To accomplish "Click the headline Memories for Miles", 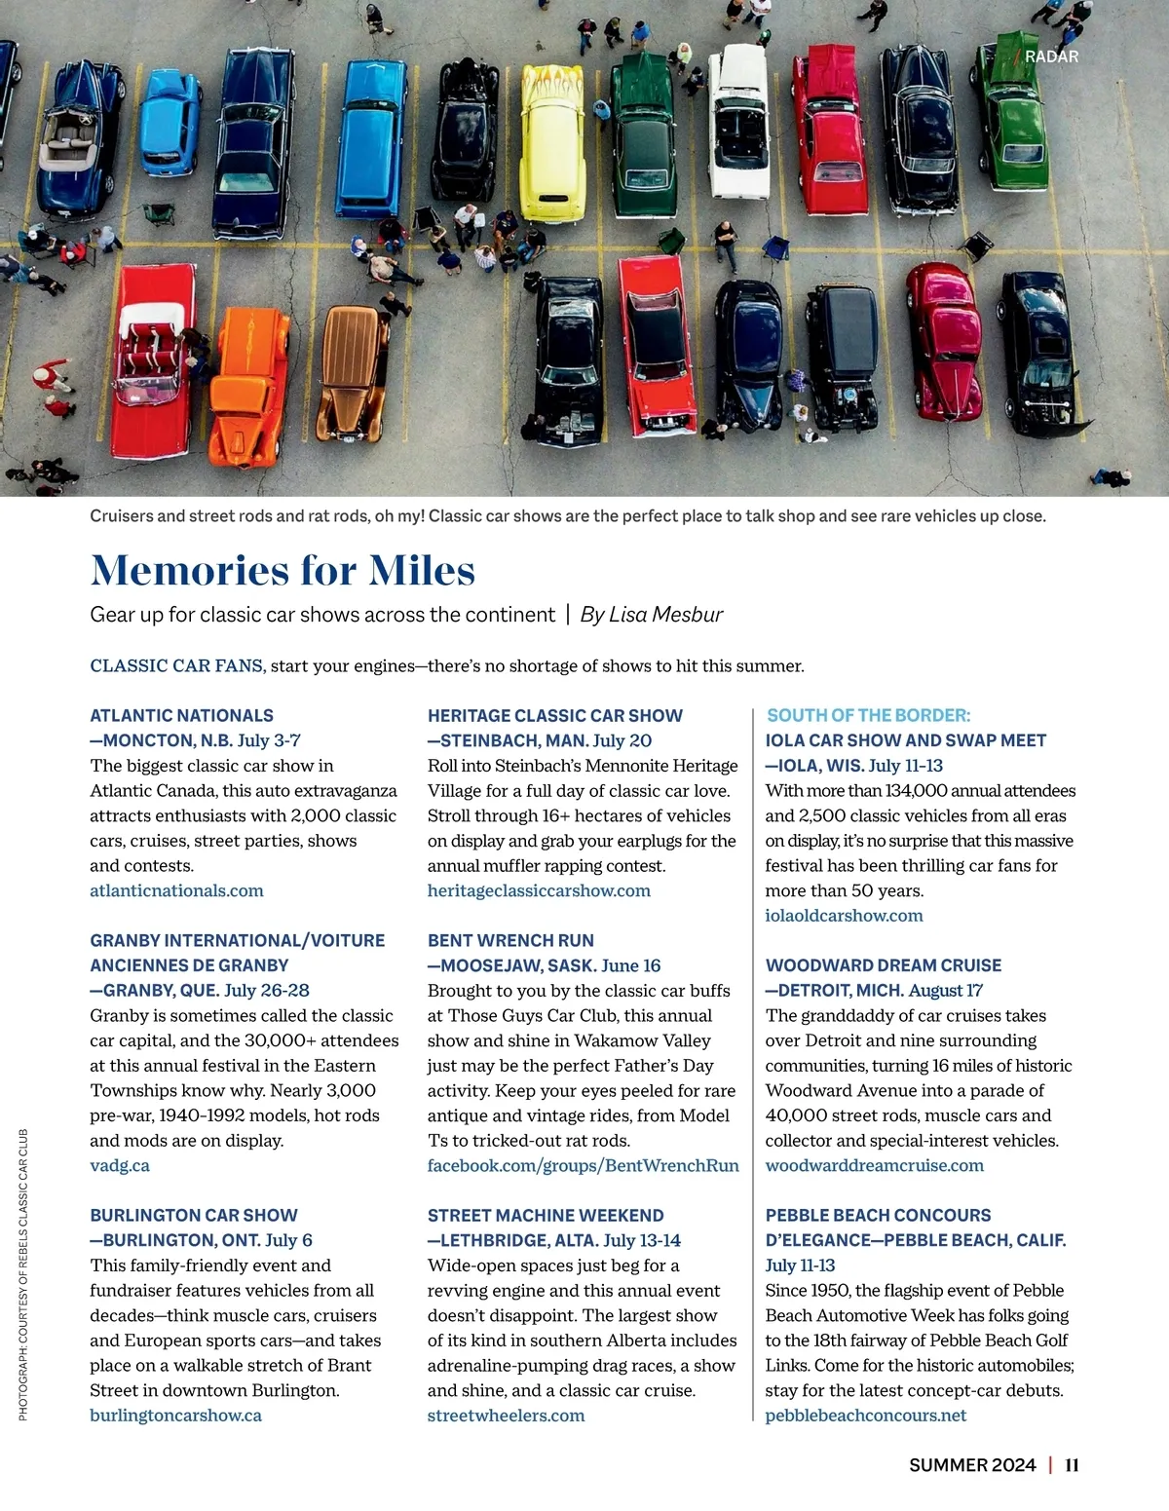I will click(283, 571).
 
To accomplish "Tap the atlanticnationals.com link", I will click(176, 890).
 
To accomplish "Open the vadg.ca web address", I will click(120, 1165).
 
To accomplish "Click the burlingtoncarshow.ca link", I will click(175, 1416).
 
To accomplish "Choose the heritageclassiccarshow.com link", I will click(539, 890).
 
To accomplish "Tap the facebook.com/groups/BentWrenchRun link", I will click(583, 1165).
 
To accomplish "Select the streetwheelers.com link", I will click(506, 1416).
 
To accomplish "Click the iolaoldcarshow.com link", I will click(844, 916).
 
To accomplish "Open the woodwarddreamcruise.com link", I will click(874, 1165).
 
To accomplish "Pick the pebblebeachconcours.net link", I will click(865, 1416).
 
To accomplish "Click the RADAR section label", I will click(1051, 57).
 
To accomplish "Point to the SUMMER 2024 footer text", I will click(972, 1465).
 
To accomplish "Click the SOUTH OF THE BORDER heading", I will click(868, 715).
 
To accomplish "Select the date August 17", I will click(946, 991).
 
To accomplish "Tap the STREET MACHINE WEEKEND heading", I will click(546, 1215).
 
